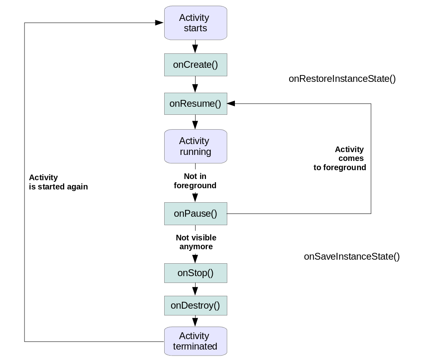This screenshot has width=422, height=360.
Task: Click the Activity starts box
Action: (196, 23)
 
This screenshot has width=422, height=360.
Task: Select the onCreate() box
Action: (196, 65)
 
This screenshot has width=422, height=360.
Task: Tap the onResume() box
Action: (196, 104)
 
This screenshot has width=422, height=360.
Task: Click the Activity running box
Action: (196, 146)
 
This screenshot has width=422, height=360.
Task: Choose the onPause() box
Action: (196, 214)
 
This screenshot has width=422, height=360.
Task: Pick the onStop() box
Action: (196, 273)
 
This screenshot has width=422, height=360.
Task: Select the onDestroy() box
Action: (196, 305)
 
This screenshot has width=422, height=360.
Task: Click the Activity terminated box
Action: (196, 341)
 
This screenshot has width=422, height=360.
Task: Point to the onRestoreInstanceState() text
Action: (342, 79)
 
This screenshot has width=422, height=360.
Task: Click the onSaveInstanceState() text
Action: (352, 257)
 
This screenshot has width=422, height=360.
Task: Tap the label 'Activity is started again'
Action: (58, 182)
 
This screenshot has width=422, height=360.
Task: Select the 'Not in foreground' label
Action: (195, 181)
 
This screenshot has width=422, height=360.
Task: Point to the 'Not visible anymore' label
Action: (196, 242)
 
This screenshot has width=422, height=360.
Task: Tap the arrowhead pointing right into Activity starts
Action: (159, 23)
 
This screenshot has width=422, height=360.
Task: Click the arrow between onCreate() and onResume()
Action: (196, 85)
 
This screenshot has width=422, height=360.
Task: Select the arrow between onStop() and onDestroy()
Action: (196, 289)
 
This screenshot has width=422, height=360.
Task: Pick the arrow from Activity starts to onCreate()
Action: (196, 47)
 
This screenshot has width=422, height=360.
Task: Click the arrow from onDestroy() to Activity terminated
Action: (196, 321)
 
